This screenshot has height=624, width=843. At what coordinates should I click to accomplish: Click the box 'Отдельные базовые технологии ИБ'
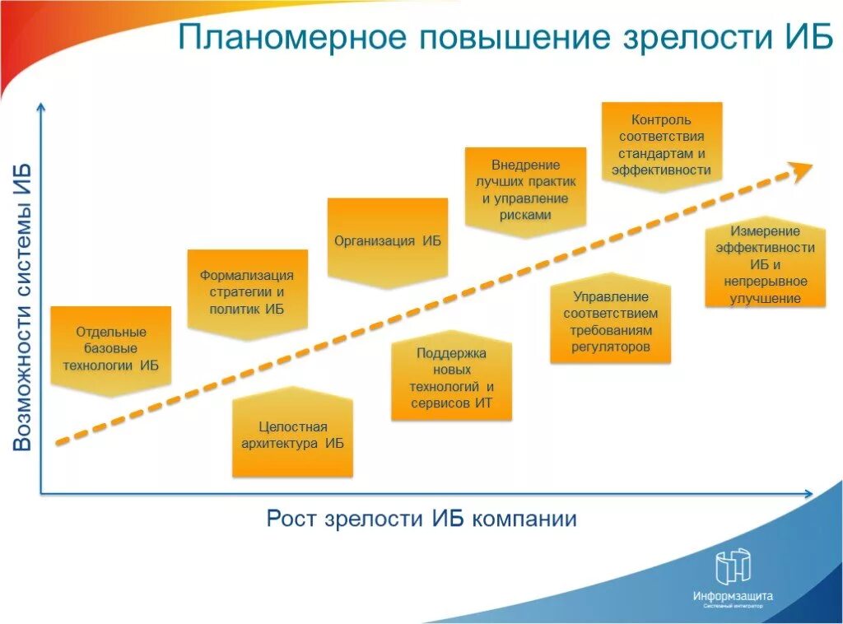(x=111, y=349)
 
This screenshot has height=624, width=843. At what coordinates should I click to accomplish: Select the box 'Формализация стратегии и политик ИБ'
(x=247, y=292)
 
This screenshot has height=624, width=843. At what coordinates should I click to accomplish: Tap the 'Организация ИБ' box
(x=388, y=241)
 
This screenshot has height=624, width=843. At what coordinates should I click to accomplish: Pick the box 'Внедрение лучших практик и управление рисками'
(x=525, y=190)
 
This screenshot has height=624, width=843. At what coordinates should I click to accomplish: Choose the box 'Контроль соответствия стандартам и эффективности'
(x=662, y=146)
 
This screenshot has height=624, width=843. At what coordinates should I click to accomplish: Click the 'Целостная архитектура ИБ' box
(x=292, y=435)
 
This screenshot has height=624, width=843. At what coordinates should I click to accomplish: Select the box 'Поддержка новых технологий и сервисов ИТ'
(x=451, y=379)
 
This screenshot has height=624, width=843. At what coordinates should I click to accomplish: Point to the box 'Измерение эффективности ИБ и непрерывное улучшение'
(x=765, y=264)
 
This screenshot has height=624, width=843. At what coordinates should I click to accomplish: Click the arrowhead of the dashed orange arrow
(x=801, y=169)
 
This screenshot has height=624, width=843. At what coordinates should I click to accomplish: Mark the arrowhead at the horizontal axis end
(x=808, y=494)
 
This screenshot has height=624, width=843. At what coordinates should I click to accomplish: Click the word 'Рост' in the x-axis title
(x=291, y=519)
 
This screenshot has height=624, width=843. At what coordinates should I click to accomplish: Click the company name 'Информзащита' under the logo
(x=733, y=596)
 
